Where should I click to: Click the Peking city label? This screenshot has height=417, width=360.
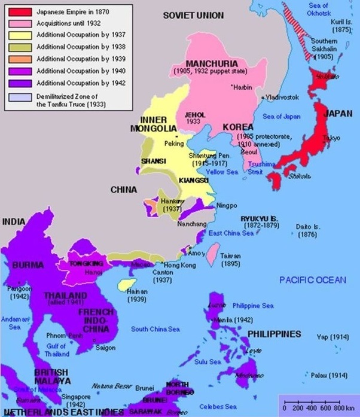(x=173, y=144)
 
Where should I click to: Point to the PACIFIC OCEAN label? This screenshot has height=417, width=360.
(x=313, y=280)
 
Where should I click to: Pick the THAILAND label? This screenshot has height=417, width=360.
(x=60, y=296)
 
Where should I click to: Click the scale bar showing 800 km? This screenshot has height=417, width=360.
(x=318, y=406)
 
